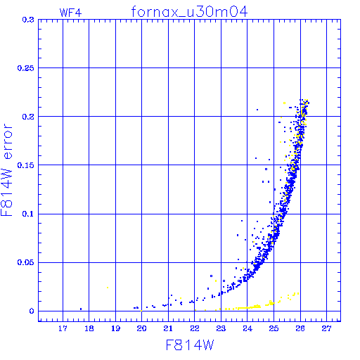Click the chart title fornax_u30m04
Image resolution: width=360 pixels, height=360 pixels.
[x=189, y=12]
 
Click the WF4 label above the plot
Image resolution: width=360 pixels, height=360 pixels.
[x=70, y=13]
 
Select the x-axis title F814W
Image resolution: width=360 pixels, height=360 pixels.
[x=190, y=345]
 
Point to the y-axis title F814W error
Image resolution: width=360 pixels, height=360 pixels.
[x=6, y=170]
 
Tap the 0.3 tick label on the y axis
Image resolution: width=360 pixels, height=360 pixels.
[x=28, y=20]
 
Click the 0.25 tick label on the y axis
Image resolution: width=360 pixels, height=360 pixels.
[x=26, y=68]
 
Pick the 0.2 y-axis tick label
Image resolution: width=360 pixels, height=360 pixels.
[x=28, y=117]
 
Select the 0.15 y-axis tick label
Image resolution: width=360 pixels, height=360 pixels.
[x=26, y=165]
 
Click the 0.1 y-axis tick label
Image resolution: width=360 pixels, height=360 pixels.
[x=28, y=214]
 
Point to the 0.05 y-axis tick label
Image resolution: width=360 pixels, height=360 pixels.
[x=26, y=262]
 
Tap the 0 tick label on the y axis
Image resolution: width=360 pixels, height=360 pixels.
[x=32, y=311]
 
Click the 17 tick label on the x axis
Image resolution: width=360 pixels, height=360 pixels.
[x=63, y=328]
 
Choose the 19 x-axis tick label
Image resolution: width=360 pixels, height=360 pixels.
[x=115, y=328]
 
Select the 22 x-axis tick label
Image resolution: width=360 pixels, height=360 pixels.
[x=195, y=328]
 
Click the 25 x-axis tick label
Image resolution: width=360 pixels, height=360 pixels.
[x=274, y=328]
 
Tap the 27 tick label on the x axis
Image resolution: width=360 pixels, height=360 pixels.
[x=326, y=328]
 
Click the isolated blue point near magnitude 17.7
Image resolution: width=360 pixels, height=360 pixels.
[x=81, y=309]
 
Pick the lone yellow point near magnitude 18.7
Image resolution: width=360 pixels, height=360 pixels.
[x=108, y=288]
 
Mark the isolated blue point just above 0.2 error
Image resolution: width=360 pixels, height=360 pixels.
[x=257, y=110]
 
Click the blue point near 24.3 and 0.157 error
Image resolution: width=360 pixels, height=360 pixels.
[x=256, y=158]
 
